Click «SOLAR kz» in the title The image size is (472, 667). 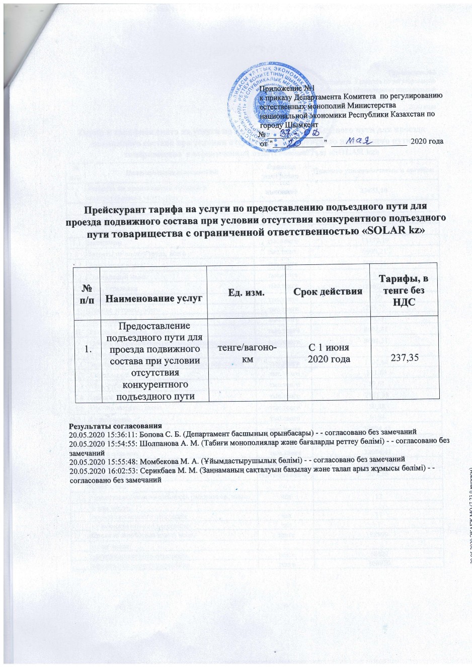[401, 229]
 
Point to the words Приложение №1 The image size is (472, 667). [280, 88]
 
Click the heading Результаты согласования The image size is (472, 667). [115, 425]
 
